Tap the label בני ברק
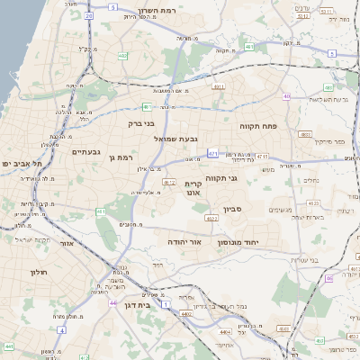tap(142, 123)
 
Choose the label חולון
tap(37, 271)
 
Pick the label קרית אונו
tap(193, 187)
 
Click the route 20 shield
tap(88, 16)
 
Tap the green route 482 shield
tap(122, 56)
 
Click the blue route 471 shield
tap(213, 154)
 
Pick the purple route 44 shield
tap(113, 303)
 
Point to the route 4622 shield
tap(211, 218)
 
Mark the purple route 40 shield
tap(286, 96)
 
